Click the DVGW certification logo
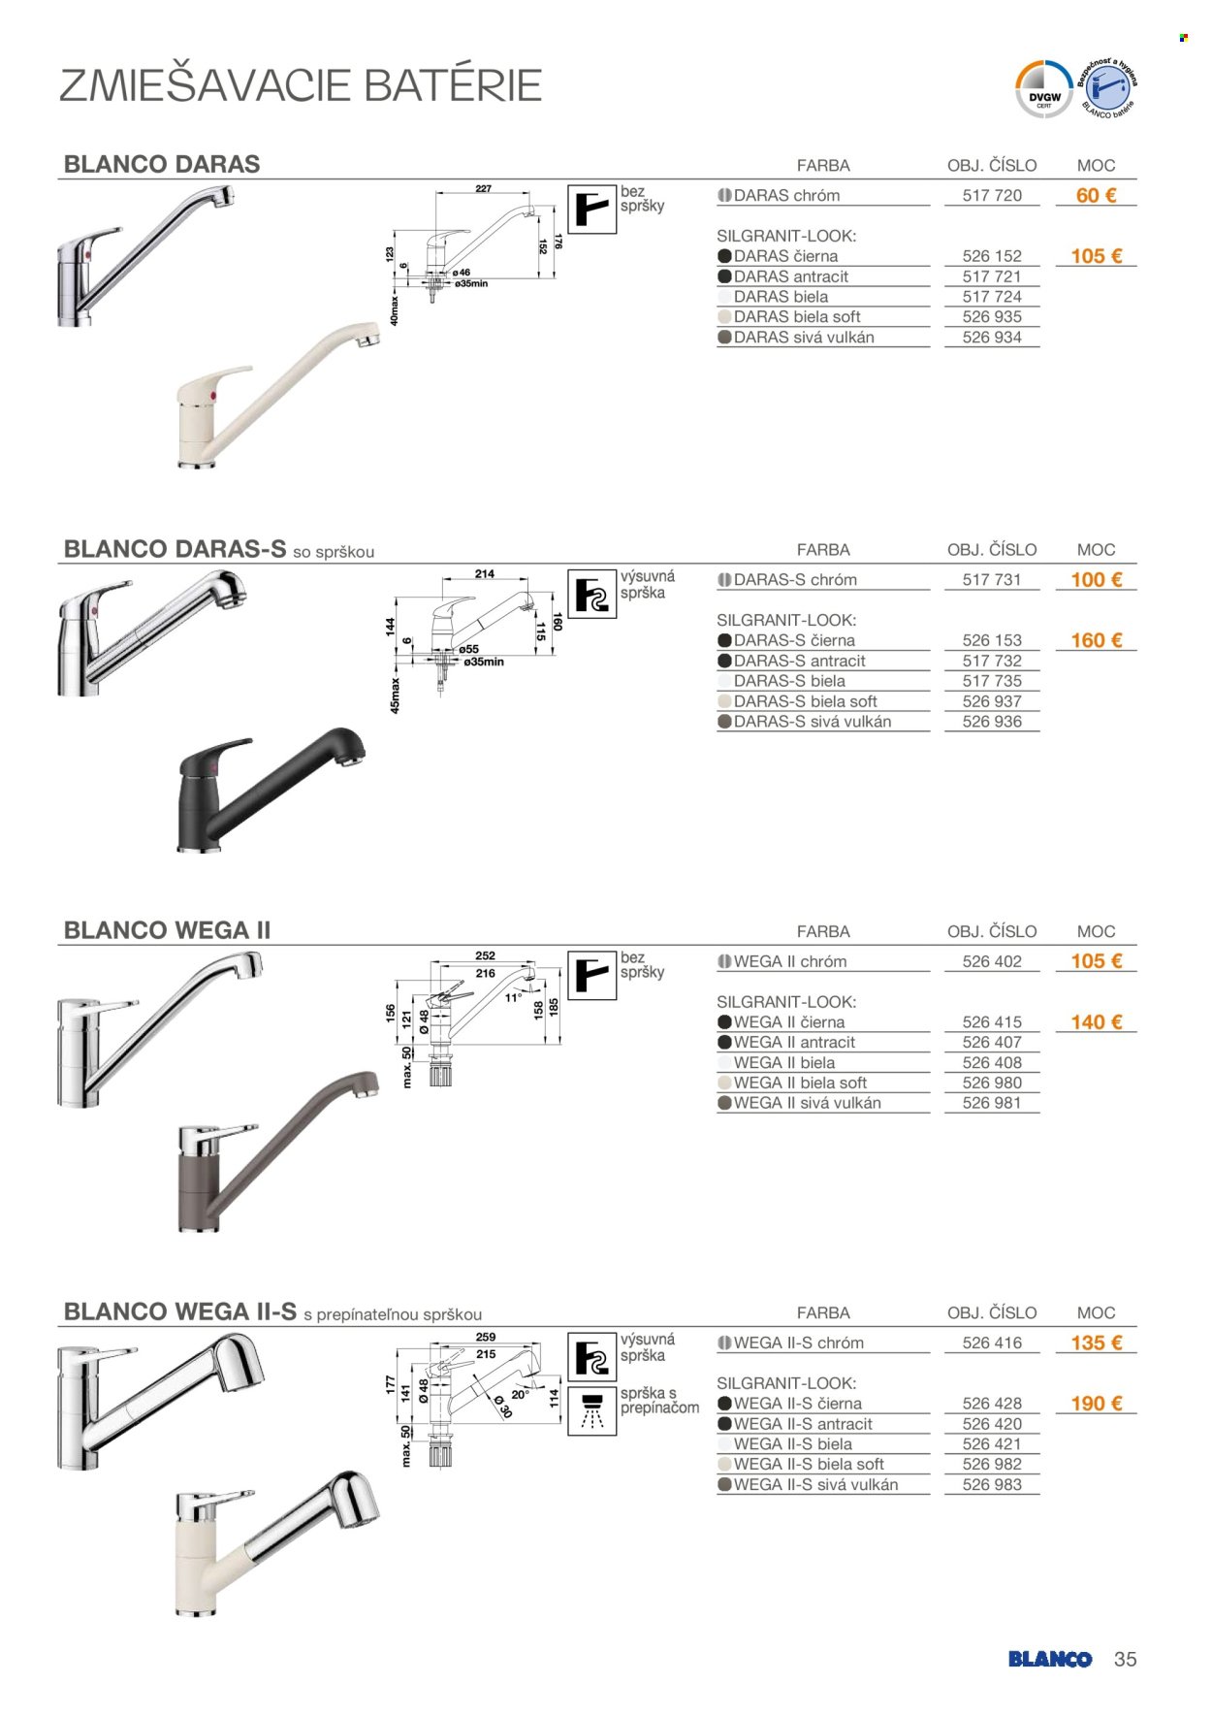click(1043, 89)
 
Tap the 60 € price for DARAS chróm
click(1096, 195)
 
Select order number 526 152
click(992, 256)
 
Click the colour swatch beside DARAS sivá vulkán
click(724, 338)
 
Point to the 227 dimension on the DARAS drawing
click(483, 189)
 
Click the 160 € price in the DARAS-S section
click(1096, 640)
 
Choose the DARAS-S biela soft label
click(805, 701)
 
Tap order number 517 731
click(992, 580)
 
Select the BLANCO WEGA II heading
click(167, 930)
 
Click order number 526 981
click(992, 1103)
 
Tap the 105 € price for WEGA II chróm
click(1096, 961)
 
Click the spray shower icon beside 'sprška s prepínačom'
click(591, 1409)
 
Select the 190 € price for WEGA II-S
click(1096, 1404)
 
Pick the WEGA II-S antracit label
click(803, 1424)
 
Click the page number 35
click(1125, 1660)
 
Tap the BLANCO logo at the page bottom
click(1049, 1660)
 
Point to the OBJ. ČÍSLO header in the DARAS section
click(992, 166)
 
